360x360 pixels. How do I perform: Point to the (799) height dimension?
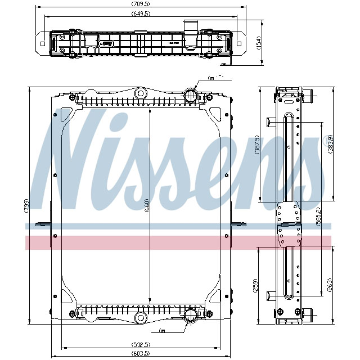click(x=26, y=206)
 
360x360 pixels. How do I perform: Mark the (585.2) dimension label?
click(x=318, y=217)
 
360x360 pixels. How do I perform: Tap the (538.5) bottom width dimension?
click(x=139, y=345)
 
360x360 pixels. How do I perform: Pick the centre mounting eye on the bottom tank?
click(x=140, y=319)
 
